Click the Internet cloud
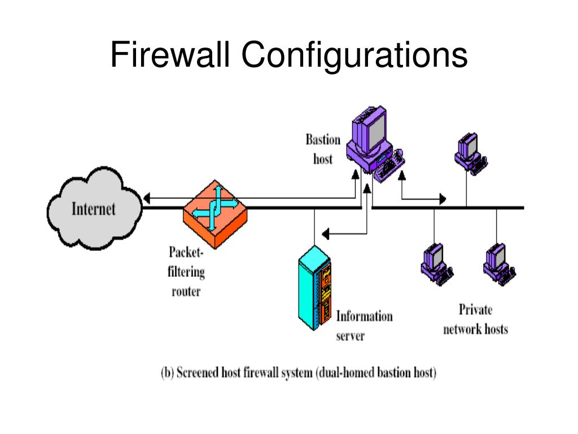tap(94, 209)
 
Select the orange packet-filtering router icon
tap(215, 214)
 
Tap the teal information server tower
tap(314, 288)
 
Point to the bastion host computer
tap(375, 144)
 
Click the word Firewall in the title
tap(170, 55)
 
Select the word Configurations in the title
tap(354, 56)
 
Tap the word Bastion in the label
tap(323, 140)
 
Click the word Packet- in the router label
tap(186, 253)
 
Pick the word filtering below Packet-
tap(186, 272)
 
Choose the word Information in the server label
tap(364, 316)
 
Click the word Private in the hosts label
tap(475, 310)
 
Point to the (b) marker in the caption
tap(167, 373)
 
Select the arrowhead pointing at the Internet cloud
tap(147, 198)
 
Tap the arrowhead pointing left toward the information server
tap(325, 233)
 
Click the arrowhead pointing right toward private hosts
tap(443, 199)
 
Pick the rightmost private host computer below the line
tap(500, 264)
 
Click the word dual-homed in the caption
tap(346, 372)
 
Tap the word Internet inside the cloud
tap(93, 209)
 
